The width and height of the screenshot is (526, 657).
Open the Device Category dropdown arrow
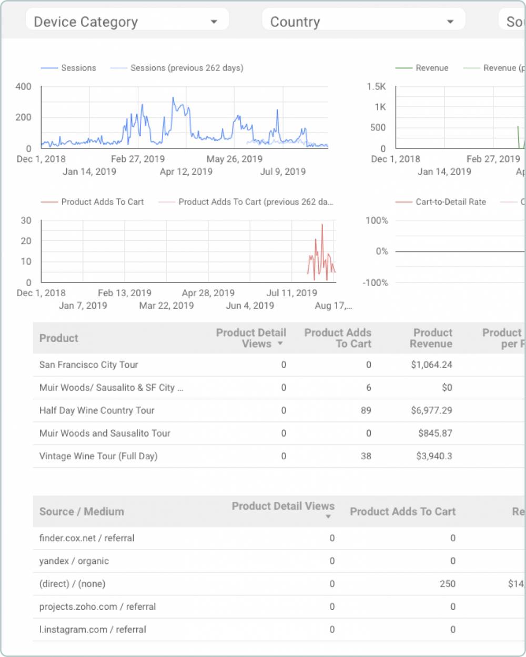tap(214, 22)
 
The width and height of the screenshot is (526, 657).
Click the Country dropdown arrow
tap(450, 22)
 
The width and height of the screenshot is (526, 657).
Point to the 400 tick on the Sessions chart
tap(23, 86)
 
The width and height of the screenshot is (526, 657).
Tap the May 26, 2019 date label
tap(234, 159)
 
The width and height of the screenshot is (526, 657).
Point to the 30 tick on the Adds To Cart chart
tap(26, 220)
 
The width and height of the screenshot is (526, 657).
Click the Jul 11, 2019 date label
tap(291, 293)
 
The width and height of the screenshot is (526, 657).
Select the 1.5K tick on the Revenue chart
tap(376, 86)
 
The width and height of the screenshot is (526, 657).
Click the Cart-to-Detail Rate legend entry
tap(450, 202)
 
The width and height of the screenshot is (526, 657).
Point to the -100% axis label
tap(375, 282)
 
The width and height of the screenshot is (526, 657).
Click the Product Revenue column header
tap(432, 338)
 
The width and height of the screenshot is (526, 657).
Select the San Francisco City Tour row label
tap(88, 365)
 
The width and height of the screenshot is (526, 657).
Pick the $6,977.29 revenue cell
tap(431, 410)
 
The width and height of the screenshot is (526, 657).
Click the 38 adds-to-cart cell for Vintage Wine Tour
tap(366, 456)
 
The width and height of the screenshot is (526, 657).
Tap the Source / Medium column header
tap(82, 511)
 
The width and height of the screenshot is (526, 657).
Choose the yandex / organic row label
tap(74, 561)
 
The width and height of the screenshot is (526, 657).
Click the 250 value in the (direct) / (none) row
tap(448, 584)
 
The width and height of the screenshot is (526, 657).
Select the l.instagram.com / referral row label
tap(92, 630)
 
